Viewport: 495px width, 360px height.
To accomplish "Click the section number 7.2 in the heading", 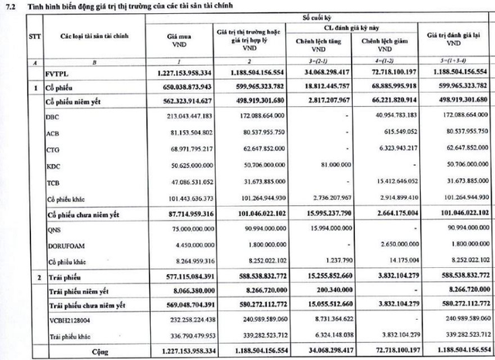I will (x=10, y=8).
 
